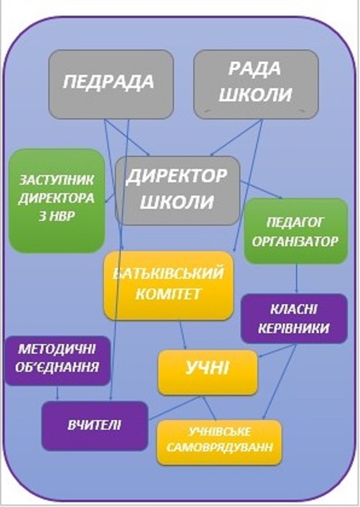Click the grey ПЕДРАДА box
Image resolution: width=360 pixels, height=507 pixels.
coord(111,84)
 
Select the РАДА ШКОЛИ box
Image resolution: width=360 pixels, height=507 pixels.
coord(256,84)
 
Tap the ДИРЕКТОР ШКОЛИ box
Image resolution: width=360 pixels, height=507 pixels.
coord(178,191)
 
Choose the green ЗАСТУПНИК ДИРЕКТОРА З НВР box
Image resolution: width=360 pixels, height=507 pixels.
coord(57,200)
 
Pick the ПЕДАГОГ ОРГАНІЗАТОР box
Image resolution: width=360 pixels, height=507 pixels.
coord(295,231)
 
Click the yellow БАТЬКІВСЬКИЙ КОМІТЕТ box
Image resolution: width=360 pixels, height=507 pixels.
coord(169,285)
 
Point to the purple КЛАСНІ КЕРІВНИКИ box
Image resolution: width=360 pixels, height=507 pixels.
coord(294,318)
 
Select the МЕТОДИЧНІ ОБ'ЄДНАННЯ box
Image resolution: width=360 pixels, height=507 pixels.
coord(57,360)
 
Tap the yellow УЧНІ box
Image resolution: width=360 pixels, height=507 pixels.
coord(208,372)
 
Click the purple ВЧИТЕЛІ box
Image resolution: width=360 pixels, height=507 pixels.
coord(95,426)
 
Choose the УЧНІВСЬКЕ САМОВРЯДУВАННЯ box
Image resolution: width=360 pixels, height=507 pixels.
coord(219,442)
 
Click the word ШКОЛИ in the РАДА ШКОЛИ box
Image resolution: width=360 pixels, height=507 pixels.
coord(256,95)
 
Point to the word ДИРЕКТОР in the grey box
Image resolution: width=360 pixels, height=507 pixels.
coord(176,176)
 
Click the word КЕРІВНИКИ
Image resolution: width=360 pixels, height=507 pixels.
coord(294,328)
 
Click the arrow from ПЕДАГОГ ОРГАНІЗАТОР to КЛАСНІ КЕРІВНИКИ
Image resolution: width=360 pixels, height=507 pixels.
coord(297,278)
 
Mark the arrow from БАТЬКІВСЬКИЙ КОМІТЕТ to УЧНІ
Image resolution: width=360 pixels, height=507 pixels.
coord(183,335)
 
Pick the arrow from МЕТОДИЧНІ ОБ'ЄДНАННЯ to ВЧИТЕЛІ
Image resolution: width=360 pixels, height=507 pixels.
coord(57,393)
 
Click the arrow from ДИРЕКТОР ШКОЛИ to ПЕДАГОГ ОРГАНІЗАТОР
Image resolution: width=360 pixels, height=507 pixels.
coord(261,190)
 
